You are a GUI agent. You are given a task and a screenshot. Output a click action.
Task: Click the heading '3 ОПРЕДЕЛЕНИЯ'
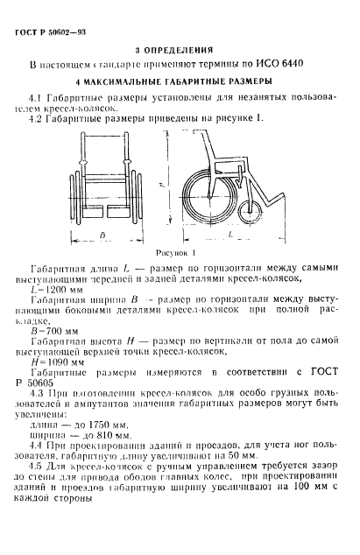point(178,51)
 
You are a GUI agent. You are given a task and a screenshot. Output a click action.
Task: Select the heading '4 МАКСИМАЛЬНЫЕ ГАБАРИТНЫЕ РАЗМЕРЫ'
point(180,81)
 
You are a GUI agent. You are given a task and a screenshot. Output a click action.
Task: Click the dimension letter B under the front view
point(101,235)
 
